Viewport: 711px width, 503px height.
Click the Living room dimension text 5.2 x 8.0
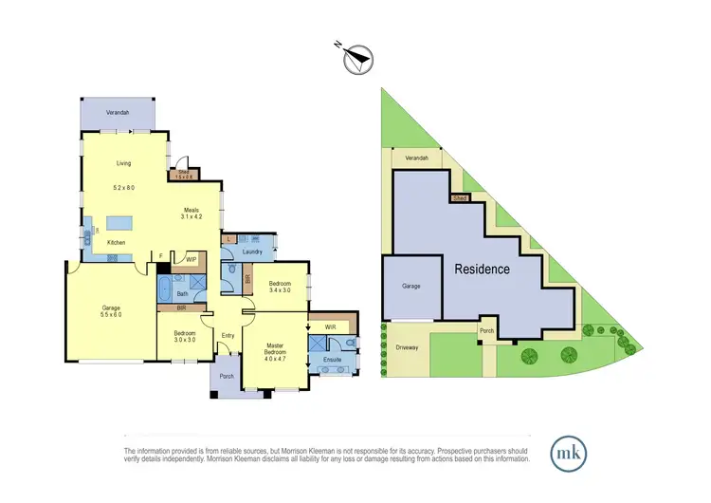click(121, 188)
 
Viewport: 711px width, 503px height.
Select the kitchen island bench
click(120, 224)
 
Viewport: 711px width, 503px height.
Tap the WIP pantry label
click(191, 258)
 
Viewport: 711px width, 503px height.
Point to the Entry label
click(228, 335)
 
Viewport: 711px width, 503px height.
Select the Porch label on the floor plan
click(227, 376)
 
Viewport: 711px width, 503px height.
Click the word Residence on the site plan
click(482, 270)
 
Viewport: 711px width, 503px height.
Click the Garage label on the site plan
click(410, 286)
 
